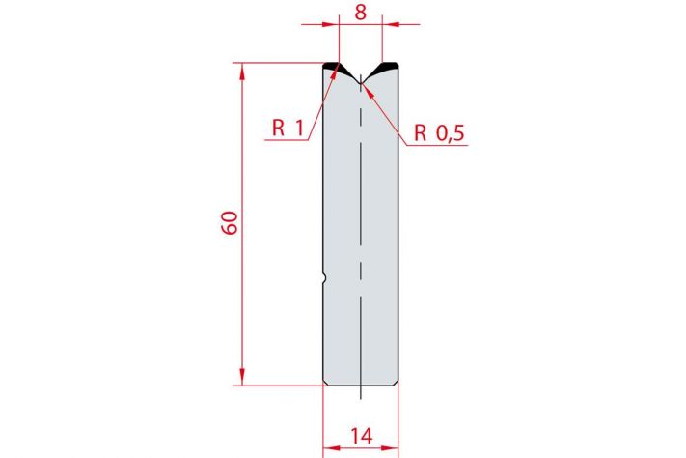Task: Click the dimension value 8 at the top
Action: click(x=360, y=13)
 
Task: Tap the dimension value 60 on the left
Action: click(x=230, y=222)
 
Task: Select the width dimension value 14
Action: click(x=362, y=437)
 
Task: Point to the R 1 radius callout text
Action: click(x=288, y=128)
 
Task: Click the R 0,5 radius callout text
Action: click(x=439, y=132)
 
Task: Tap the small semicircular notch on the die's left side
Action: click(x=324, y=278)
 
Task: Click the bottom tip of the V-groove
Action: click(x=360, y=83)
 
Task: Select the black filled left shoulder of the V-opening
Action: click(x=336, y=68)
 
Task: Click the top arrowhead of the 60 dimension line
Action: click(x=242, y=71)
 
